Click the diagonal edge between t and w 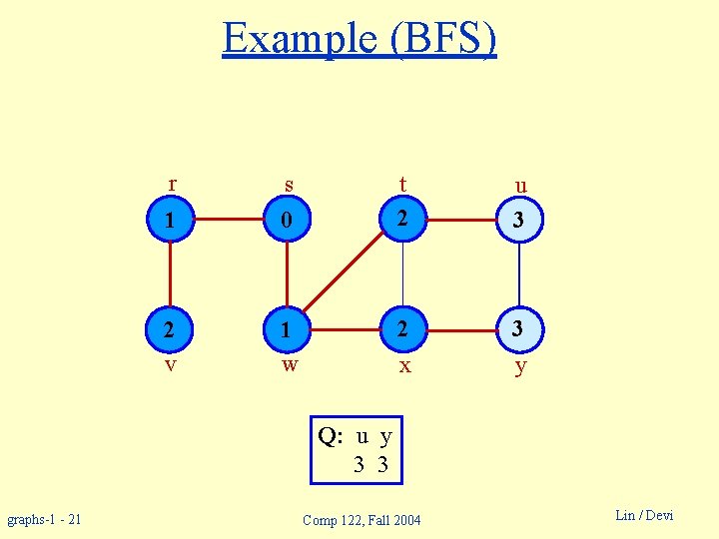tap(345, 274)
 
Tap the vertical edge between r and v tap(171, 274)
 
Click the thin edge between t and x tap(402, 274)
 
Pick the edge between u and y tap(519, 274)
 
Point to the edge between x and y tap(460, 327)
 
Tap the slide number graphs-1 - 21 tap(45, 519)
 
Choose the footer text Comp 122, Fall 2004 tap(361, 520)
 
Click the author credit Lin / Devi tap(644, 515)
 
